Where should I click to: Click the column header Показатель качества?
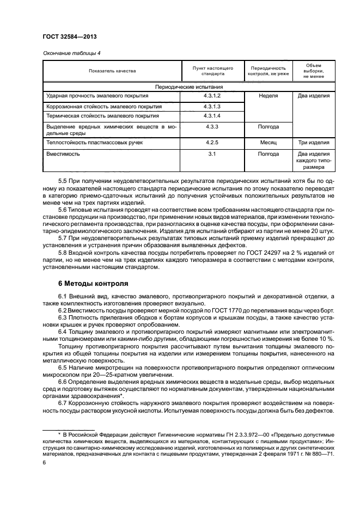tap(113, 71)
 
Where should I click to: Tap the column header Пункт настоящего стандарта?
tap(213, 71)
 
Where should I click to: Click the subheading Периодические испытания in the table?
tap(190, 87)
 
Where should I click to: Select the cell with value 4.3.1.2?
tap(213, 96)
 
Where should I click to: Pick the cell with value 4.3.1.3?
tap(213, 106)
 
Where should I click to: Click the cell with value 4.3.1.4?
tap(213, 116)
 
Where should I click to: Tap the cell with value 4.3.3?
tap(213, 126)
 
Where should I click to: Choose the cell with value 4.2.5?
tap(213, 143)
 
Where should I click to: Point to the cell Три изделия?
tap(313, 143)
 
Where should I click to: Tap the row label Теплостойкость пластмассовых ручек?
tap(95, 143)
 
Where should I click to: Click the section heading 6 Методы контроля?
tap(93, 284)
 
